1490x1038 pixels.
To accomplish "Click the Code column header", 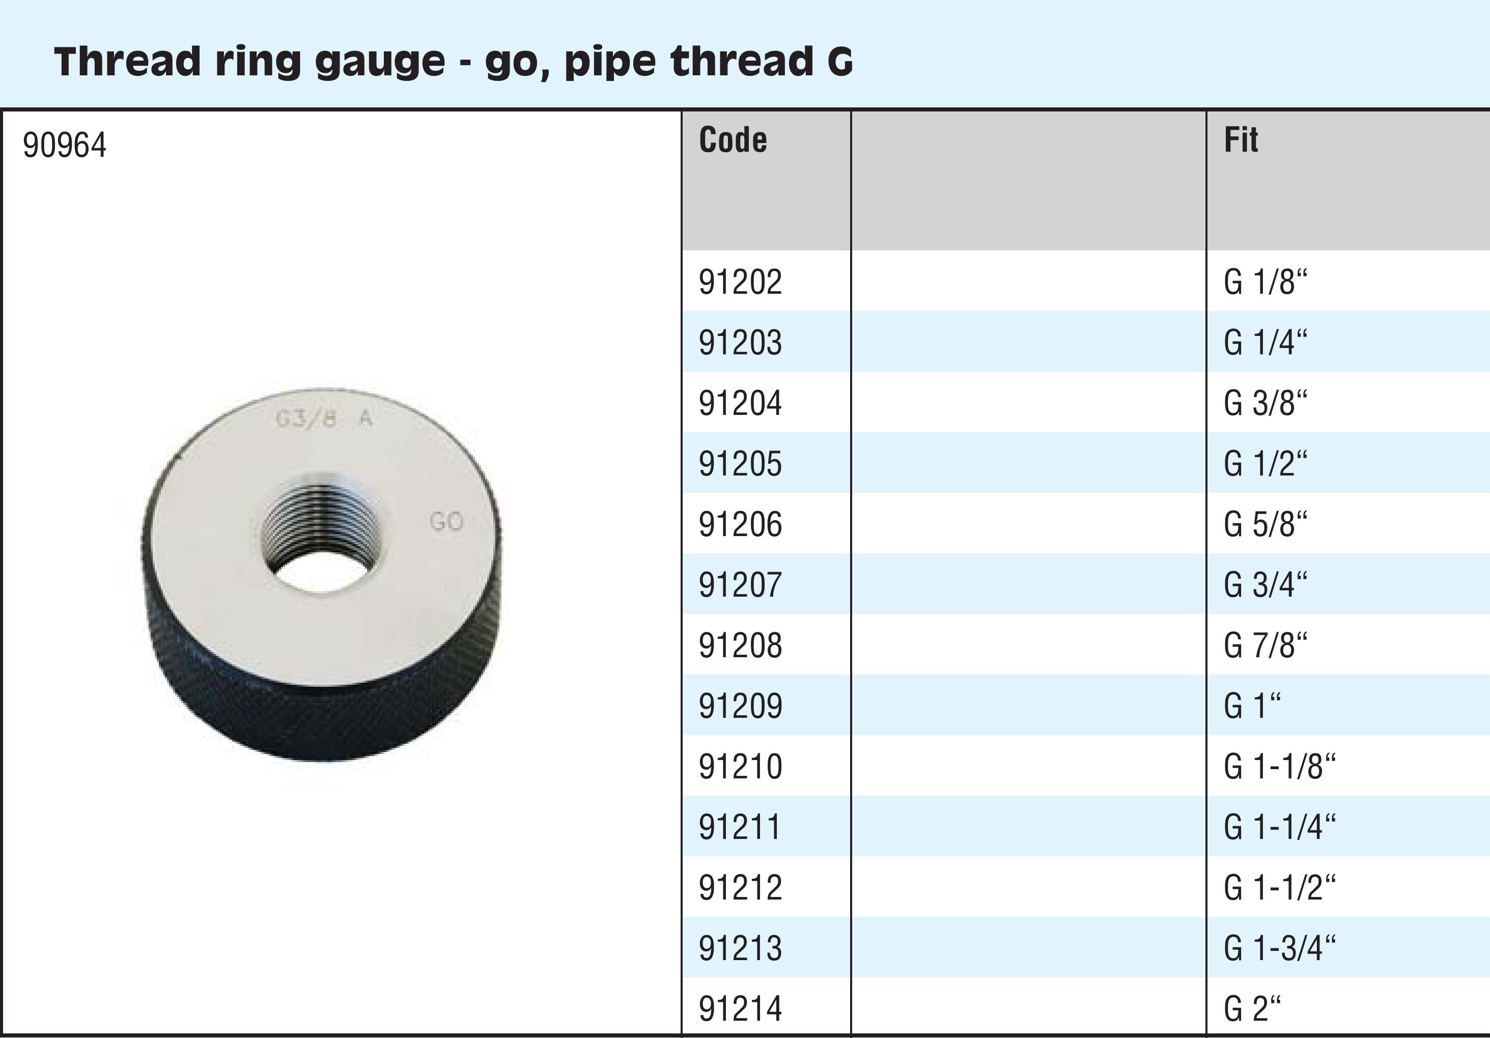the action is click(x=733, y=139).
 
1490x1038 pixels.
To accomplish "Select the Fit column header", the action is click(x=1241, y=139).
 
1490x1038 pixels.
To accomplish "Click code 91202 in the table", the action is click(x=741, y=282).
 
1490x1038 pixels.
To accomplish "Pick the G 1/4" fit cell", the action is click(x=1266, y=342).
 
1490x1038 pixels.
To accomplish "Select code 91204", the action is click(x=741, y=403).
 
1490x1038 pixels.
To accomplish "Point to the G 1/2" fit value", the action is click(x=1266, y=463).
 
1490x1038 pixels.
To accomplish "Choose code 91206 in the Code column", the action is click(x=741, y=524).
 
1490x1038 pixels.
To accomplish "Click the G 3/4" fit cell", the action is click(x=1266, y=585).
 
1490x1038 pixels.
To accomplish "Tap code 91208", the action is click(x=741, y=646).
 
